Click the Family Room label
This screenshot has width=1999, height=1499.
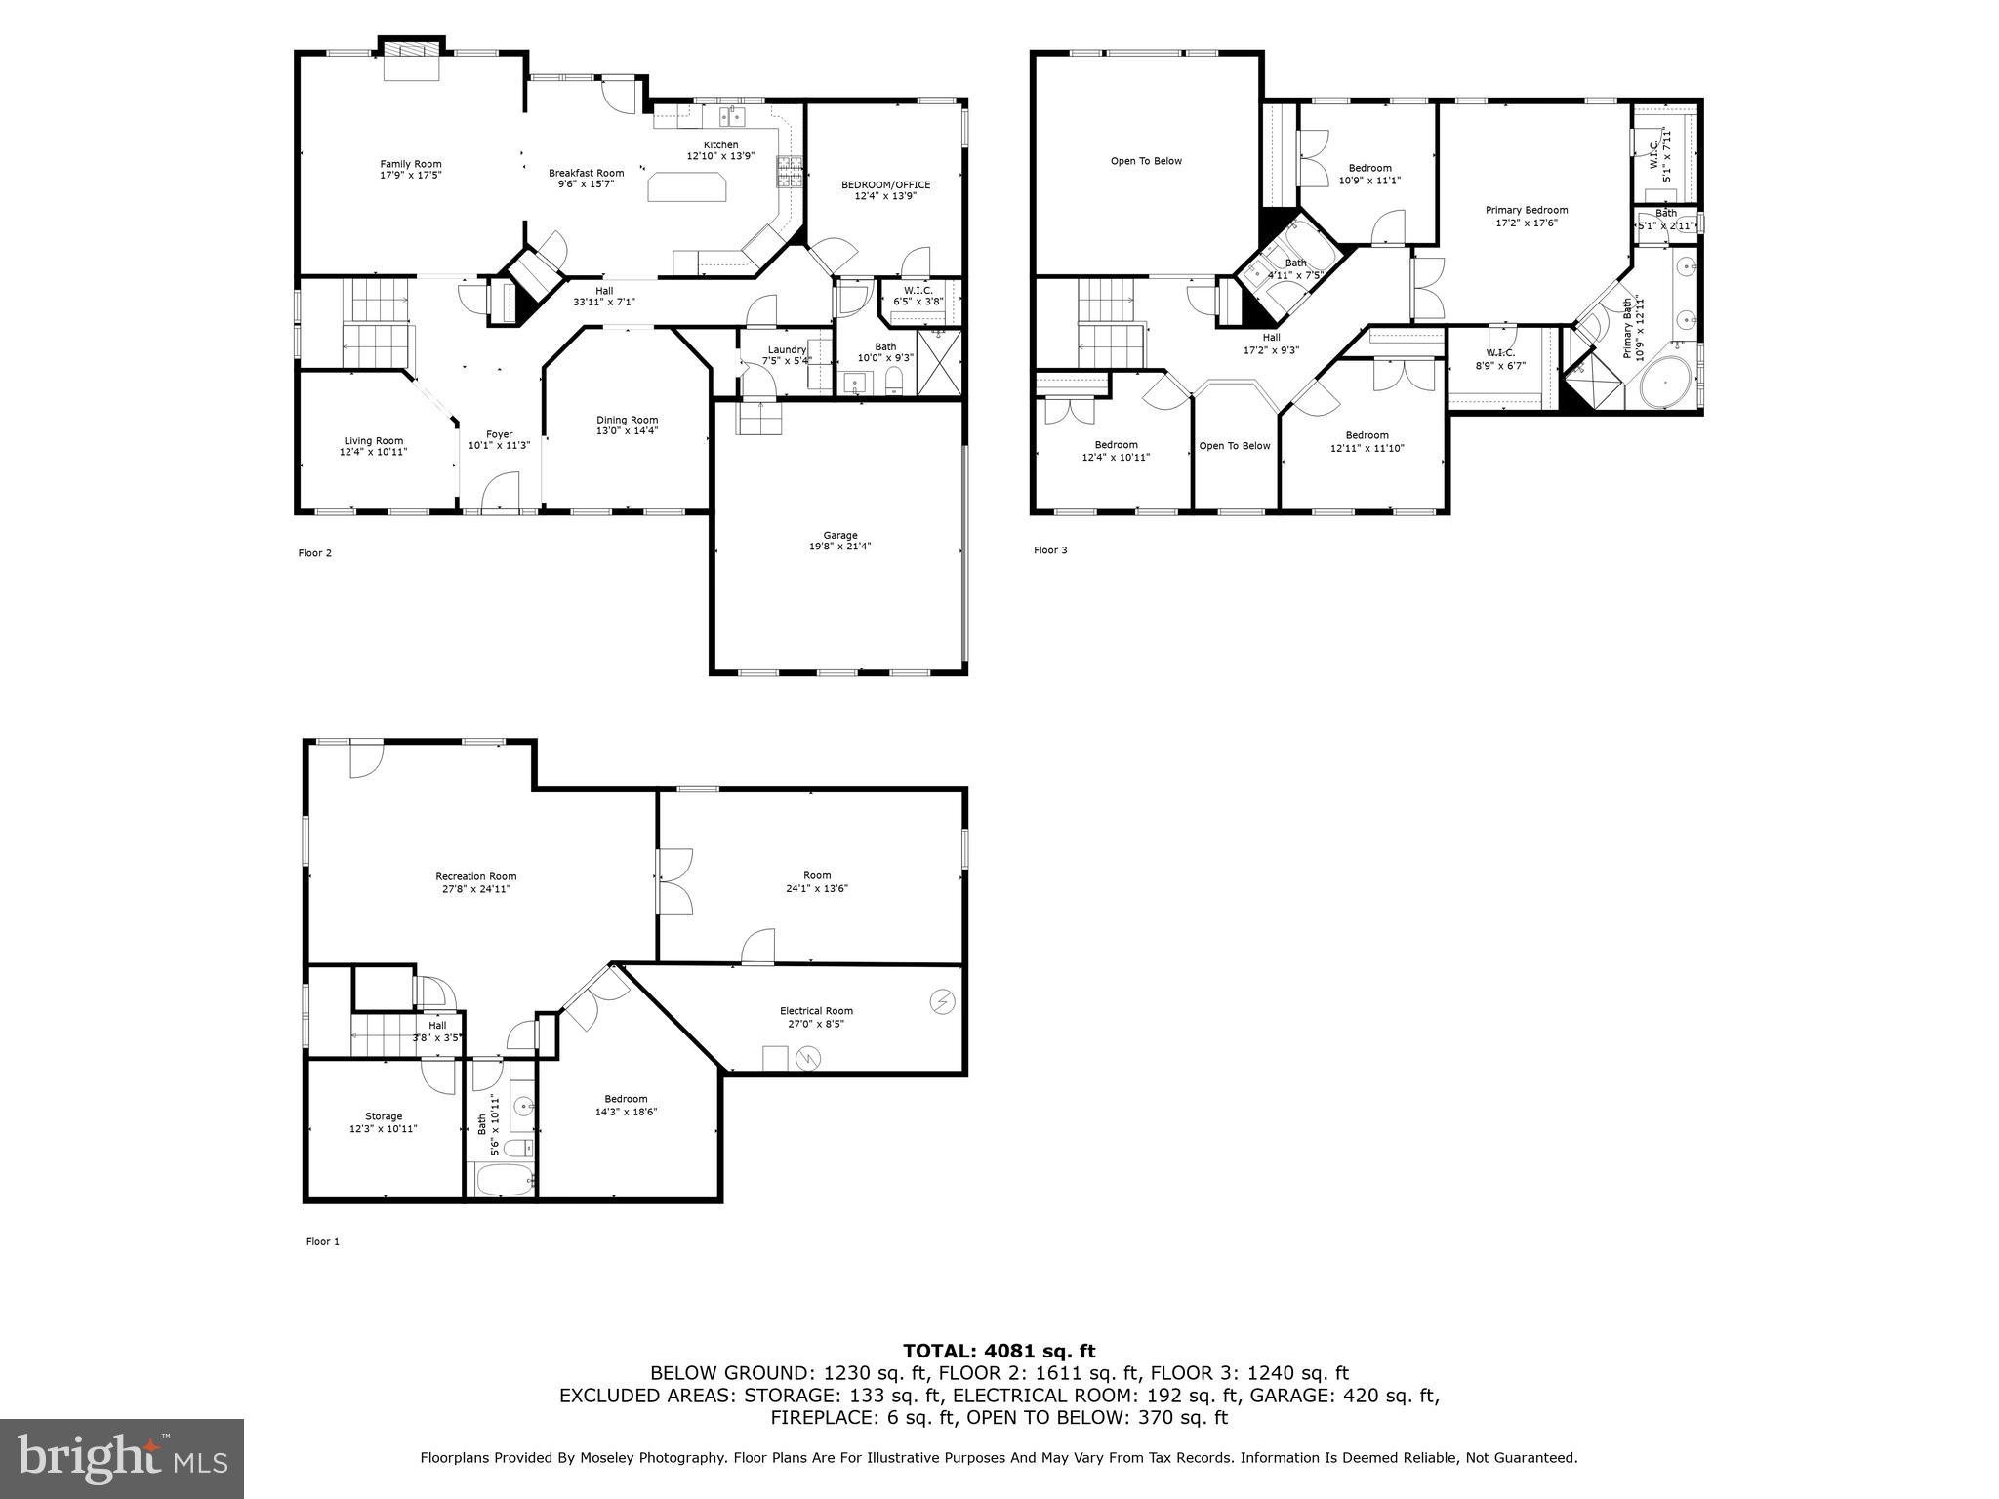410,164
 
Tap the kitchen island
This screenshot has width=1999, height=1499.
687,186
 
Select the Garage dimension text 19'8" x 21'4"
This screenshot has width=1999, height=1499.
839,547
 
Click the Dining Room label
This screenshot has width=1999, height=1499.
628,420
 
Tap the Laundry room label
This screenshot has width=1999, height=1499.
787,349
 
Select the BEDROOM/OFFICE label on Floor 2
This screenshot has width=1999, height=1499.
885,184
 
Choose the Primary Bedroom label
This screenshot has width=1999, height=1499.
1526,210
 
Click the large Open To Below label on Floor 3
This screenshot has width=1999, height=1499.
1146,161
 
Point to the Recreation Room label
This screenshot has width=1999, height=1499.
475,876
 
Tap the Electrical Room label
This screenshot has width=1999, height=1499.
816,1011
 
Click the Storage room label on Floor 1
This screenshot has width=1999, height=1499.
384,1116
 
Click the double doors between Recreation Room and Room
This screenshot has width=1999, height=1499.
673,880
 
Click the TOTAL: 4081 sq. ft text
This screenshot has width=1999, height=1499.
999,1351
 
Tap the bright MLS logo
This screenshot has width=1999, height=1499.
122,1458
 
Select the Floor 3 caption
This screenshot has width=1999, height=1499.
1050,550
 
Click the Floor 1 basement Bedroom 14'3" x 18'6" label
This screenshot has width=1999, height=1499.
626,1099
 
